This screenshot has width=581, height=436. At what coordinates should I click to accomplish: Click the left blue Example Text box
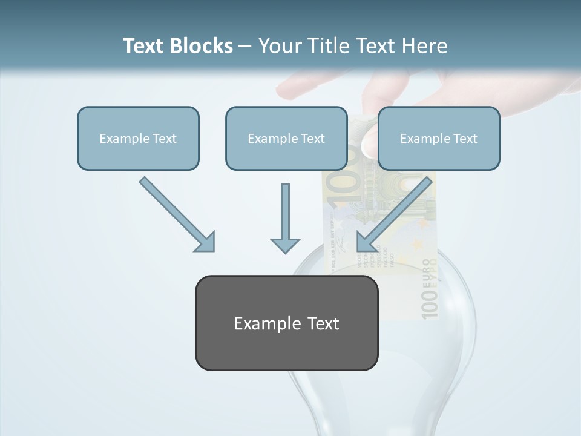pos(138,138)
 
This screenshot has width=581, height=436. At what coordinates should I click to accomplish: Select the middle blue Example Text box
pos(286,138)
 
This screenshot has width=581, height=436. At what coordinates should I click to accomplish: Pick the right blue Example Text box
pos(439,138)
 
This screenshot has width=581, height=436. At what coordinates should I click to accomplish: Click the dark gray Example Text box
pos(286,323)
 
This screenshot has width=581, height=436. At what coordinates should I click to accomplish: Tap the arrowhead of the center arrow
pos(285,245)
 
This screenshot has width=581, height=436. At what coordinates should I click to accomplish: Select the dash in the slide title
pos(245,46)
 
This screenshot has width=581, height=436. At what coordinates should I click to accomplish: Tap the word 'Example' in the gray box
pos(268,323)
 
